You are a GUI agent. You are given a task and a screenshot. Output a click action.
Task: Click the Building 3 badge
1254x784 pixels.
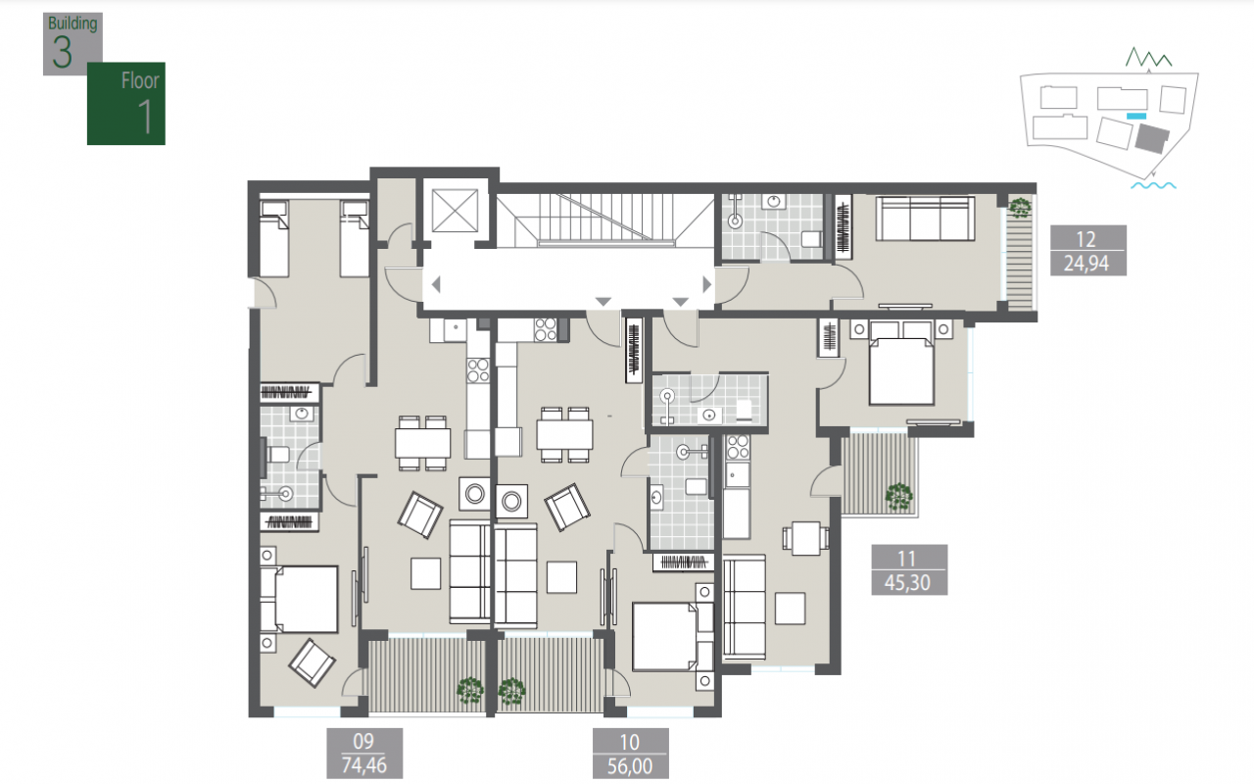click(72, 44)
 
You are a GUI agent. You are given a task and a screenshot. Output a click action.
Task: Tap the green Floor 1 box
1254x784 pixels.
click(126, 104)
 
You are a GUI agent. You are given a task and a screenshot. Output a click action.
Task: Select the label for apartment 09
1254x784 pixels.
click(364, 754)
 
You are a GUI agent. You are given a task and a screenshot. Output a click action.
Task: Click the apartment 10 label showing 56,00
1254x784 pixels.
click(630, 754)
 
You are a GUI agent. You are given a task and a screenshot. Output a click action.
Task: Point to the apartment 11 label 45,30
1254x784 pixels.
click(909, 569)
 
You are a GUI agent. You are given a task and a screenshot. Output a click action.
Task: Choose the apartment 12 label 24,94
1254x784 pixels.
click(1088, 250)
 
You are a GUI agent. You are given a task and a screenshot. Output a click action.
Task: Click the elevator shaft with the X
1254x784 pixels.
click(455, 211)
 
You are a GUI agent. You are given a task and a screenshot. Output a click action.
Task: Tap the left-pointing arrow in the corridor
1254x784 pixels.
click(436, 284)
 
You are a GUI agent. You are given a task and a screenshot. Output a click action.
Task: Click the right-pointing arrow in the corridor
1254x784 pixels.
click(707, 284)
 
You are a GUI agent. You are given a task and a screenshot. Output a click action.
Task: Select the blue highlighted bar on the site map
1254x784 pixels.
click(1135, 116)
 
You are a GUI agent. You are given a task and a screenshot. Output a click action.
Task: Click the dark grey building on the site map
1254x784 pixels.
click(1152, 138)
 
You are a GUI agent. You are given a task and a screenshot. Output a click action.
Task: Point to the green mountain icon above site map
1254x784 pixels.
click(1149, 58)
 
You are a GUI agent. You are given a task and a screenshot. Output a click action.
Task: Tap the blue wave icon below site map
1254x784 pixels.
click(1153, 185)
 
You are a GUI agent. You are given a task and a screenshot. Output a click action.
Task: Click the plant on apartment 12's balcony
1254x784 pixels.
click(1020, 207)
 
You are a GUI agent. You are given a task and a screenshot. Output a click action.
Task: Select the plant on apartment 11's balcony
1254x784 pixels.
click(898, 497)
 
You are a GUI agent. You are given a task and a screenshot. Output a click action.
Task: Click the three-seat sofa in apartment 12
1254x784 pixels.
click(925, 219)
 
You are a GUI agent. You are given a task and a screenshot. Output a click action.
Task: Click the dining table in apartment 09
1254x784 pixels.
click(422, 443)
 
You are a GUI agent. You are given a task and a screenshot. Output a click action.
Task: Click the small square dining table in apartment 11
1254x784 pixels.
click(805, 538)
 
